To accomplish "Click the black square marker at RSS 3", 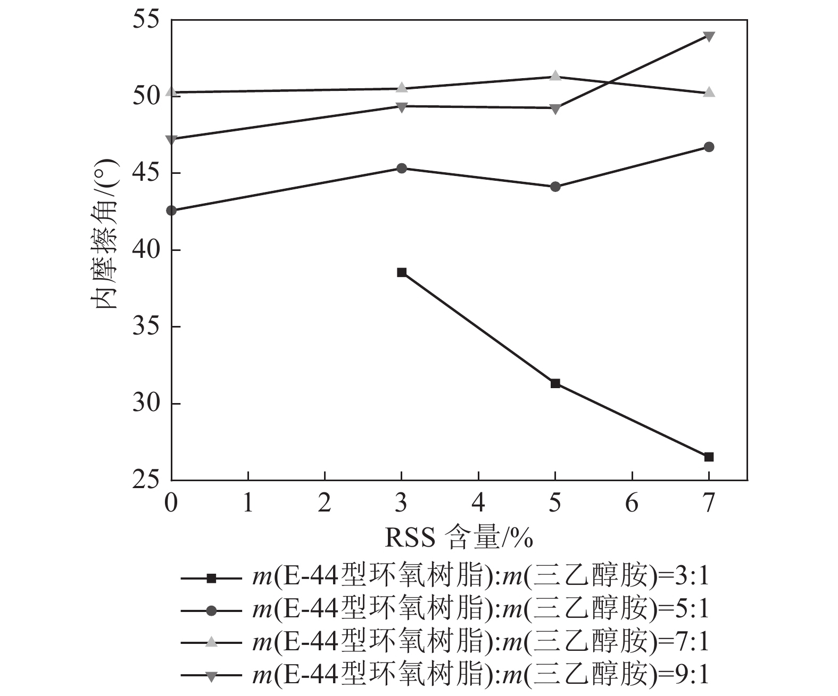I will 402,272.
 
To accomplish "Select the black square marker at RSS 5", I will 555,383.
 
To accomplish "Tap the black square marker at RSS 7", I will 709,457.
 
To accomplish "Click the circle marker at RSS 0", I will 171,211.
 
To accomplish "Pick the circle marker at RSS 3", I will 402,168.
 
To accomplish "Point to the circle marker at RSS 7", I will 709,147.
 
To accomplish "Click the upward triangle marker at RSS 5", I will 555,76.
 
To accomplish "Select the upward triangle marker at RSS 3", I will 402,88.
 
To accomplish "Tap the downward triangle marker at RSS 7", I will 709,36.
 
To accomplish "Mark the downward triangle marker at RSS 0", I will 171,140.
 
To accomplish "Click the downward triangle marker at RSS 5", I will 555,109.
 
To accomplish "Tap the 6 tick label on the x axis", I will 632,503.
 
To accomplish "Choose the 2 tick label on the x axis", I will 325,503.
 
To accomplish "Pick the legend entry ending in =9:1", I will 445,676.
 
